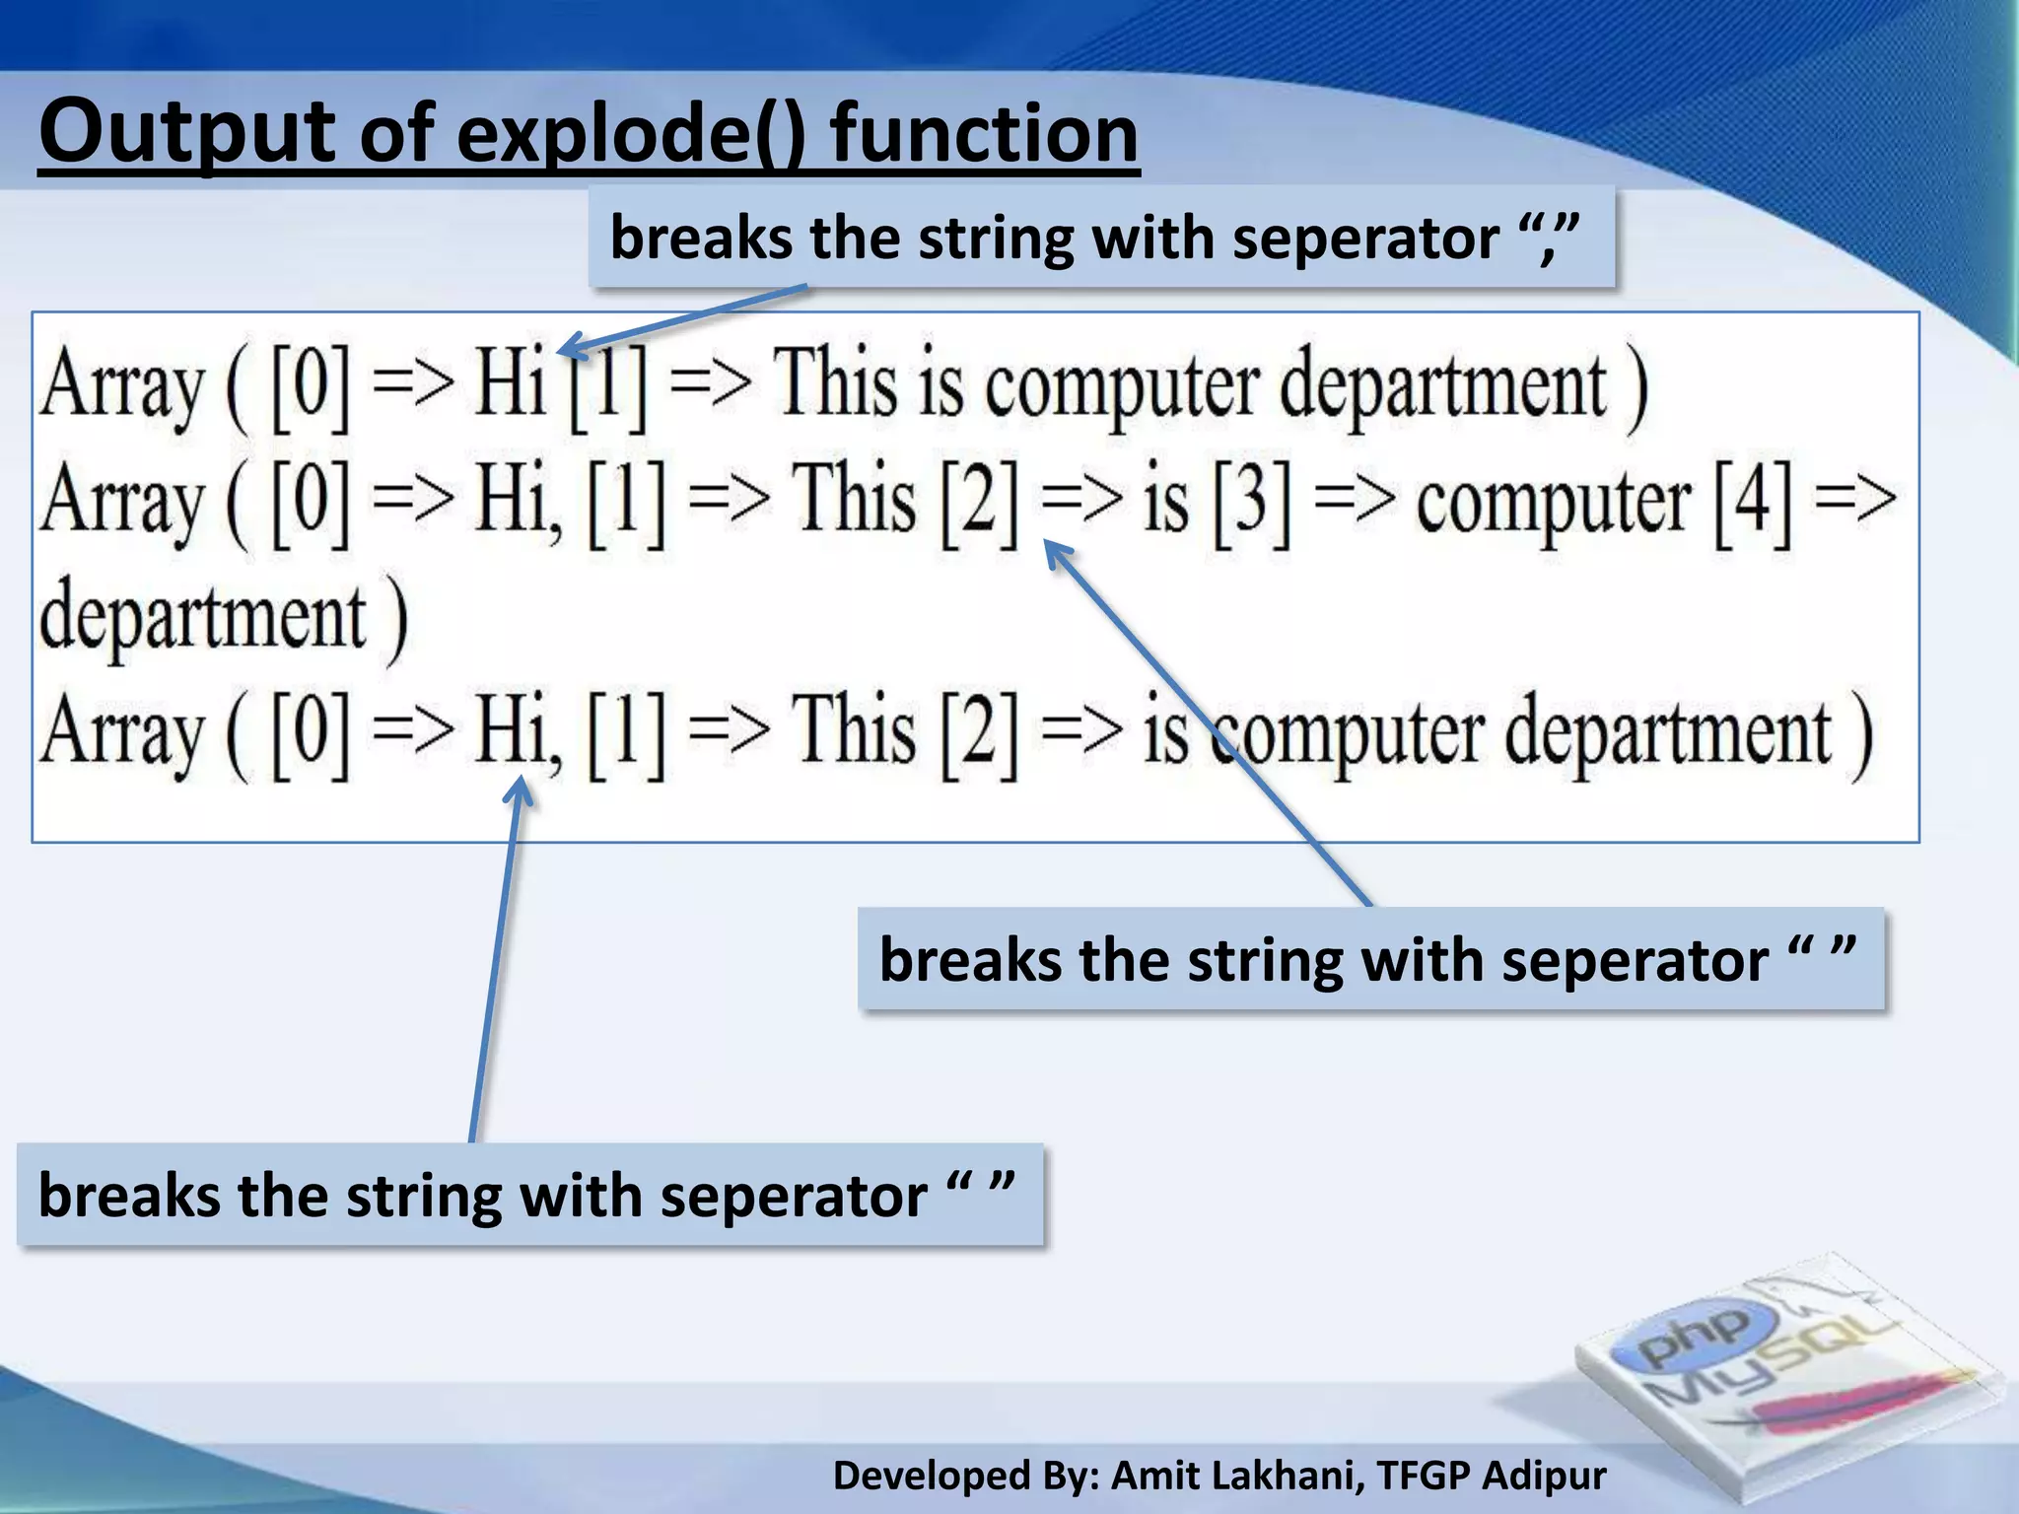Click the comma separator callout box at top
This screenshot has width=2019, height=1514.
(x=1101, y=238)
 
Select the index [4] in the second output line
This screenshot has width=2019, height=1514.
(x=1753, y=501)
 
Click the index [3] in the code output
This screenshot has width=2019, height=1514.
(x=1251, y=501)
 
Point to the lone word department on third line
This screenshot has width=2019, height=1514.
(x=203, y=618)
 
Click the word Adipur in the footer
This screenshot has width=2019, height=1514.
(x=1544, y=1476)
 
